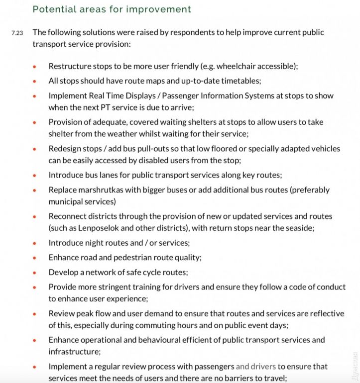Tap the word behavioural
click(x=145, y=340)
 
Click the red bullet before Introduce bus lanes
click(x=34, y=175)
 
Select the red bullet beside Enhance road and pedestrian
click(x=34, y=258)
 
